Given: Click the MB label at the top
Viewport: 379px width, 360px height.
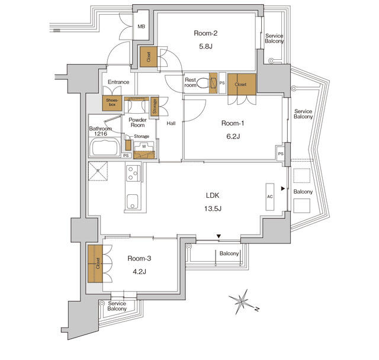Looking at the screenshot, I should [142, 27].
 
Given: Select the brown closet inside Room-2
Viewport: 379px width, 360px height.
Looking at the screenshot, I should [148, 57].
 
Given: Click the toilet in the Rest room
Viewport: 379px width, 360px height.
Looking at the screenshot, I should [207, 83].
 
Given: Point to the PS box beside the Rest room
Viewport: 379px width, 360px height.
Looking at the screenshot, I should [222, 83].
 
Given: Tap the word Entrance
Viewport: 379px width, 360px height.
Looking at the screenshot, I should [118, 82].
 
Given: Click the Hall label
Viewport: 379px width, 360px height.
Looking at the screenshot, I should [171, 124].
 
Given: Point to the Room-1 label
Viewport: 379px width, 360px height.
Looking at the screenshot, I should [232, 123].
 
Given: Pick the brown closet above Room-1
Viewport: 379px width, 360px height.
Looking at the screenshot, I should [241, 84].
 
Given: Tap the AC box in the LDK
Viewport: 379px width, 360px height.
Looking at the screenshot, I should [270, 195].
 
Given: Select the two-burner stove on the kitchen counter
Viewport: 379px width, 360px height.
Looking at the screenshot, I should [132, 173].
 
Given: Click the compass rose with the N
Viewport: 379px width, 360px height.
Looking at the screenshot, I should [242, 301].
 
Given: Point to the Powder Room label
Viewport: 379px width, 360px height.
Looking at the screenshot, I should [137, 122].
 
